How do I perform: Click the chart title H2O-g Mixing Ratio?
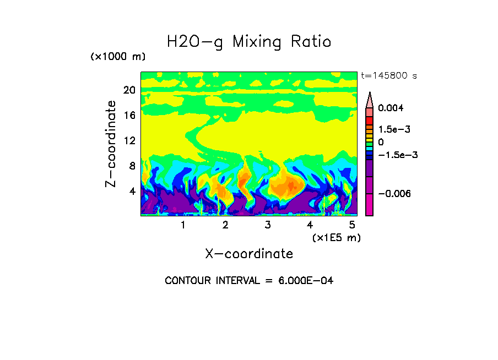249,42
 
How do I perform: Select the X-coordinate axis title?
249,254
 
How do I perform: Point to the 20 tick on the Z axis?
129,90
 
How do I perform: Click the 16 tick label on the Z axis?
129,116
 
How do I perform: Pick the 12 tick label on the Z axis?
129,141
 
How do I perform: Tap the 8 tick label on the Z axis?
132,166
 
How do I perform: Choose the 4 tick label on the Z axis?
132,192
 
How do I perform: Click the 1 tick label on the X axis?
183,225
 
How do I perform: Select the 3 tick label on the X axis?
268,225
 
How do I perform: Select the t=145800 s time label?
388,75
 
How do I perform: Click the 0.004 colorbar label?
392,108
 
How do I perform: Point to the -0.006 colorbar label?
396,194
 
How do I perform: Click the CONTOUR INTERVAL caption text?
249,281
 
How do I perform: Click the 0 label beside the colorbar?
381,142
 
